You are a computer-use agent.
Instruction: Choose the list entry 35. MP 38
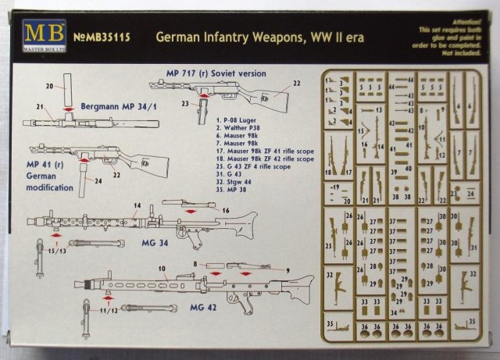tap(233, 188)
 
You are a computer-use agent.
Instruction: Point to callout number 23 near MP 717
tap(184, 101)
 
